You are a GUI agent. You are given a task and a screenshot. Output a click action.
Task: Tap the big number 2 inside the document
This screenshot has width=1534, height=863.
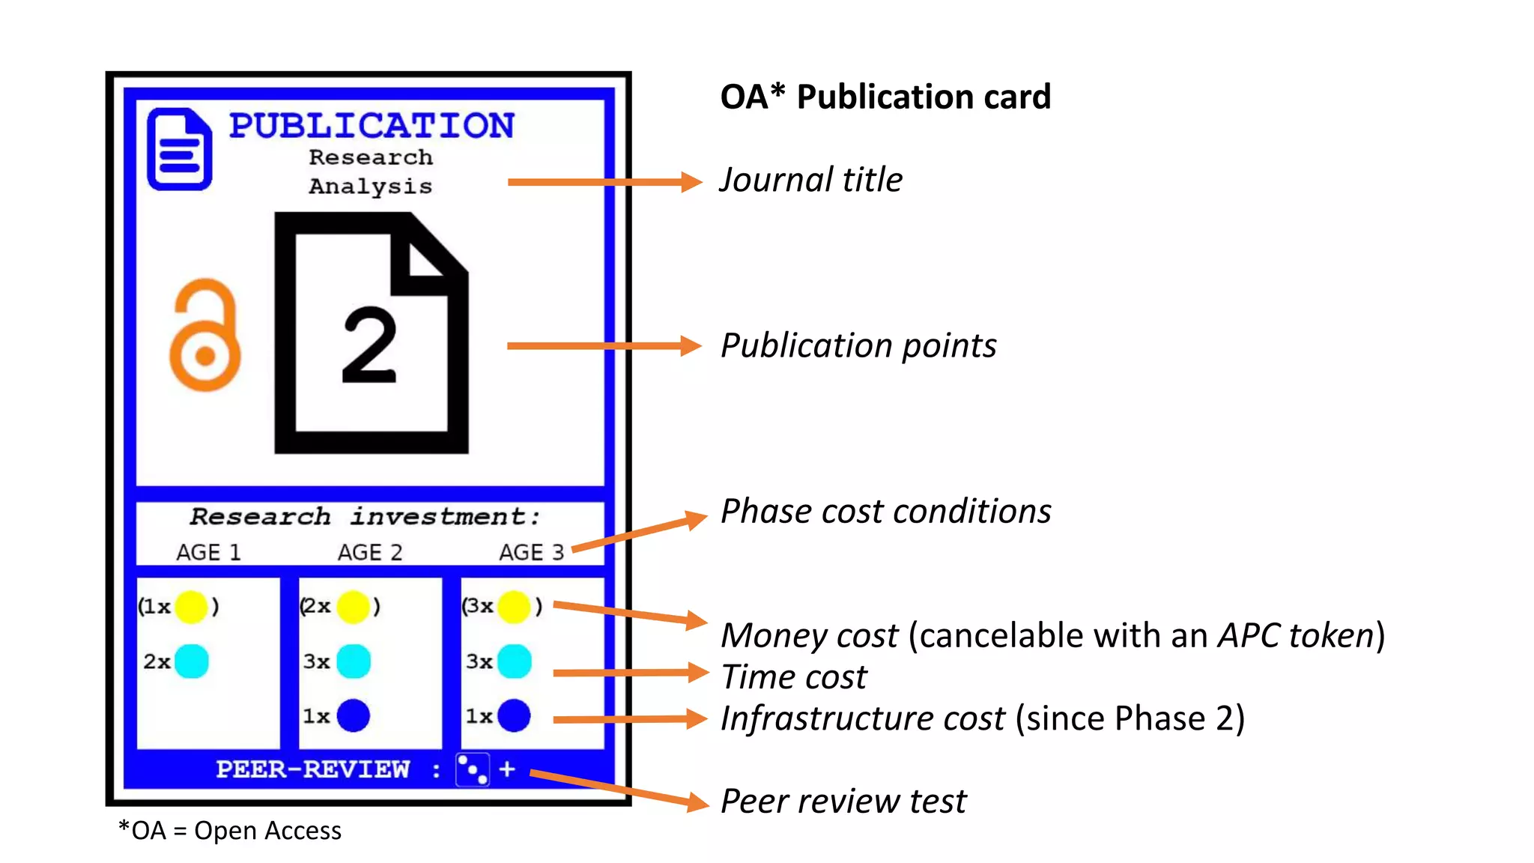click(x=369, y=345)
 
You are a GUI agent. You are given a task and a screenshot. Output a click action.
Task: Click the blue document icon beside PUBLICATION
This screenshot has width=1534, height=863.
click(x=180, y=149)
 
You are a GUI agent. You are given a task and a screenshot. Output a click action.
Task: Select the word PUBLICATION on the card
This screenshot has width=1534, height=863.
click(x=372, y=125)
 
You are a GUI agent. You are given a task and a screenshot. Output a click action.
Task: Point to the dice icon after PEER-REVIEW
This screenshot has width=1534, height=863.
click(x=473, y=769)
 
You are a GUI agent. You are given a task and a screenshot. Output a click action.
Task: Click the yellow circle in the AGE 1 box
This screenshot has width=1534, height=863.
click(x=191, y=606)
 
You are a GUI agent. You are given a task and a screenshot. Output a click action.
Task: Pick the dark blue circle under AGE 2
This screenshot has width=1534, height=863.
click(x=354, y=715)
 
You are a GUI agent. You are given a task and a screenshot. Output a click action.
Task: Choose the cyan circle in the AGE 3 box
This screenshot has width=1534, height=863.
click(x=515, y=661)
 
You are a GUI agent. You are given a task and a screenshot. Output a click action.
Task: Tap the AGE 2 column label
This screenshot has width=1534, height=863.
click(x=370, y=553)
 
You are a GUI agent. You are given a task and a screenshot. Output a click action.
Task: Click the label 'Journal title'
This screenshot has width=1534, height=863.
click(x=811, y=180)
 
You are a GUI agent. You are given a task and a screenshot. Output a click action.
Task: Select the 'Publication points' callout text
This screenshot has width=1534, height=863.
click(x=858, y=345)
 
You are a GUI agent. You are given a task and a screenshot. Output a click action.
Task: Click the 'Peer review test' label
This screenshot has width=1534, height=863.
click(x=843, y=801)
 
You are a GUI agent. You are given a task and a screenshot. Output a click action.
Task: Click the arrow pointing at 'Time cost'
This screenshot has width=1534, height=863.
click(x=629, y=673)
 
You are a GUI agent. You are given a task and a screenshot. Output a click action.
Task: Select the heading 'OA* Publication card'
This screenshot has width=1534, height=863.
click(x=885, y=97)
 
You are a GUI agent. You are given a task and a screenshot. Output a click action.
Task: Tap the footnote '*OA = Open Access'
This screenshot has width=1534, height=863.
click(x=230, y=831)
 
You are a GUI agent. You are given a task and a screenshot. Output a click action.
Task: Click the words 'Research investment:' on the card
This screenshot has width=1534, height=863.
click(x=365, y=516)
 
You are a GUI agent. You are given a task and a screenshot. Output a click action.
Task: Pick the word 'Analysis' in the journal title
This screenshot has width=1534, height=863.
click(x=371, y=186)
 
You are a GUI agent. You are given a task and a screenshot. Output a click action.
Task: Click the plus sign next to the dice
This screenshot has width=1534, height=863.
click(x=507, y=769)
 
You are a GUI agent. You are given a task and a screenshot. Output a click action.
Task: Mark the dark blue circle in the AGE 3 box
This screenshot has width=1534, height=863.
click(x=515, y=715)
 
